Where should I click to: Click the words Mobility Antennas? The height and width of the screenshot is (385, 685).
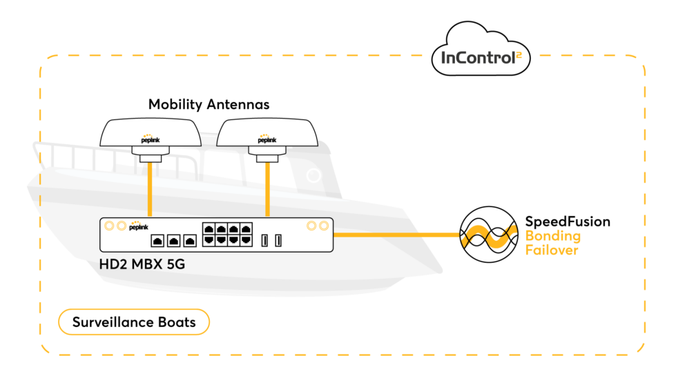click(209, 105)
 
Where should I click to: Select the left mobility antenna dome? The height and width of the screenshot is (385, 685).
click(151, 132)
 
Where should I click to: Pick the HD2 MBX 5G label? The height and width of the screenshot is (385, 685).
click(145, 264)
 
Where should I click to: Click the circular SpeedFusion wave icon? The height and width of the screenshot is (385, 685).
click(489, 235)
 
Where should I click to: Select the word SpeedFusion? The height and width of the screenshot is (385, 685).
click(568, 221)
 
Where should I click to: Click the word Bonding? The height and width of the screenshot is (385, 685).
click(553, 236)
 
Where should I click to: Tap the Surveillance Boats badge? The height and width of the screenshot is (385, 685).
click(133, 322)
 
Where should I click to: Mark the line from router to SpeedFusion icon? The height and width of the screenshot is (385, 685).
click(396, 235)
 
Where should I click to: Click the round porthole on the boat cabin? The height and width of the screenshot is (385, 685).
click(314, 176)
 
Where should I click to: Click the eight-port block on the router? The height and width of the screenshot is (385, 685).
click(226, 234)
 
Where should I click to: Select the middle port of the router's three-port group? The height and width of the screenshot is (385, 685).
click(173, 241)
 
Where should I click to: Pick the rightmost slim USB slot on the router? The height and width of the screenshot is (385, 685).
click(278, 240)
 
